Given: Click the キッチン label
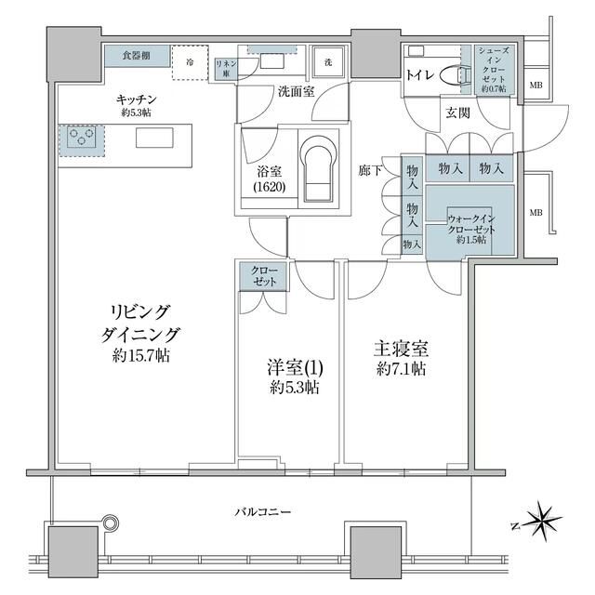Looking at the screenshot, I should coord(136,99).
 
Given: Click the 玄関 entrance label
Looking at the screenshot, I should coord(457,113).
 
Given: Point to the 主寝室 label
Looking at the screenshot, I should coord(401,349).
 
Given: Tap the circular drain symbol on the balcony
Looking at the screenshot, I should coord(112,524).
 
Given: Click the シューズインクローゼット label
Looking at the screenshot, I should coord(492,70).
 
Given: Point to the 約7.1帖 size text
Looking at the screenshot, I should coord(401,369).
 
